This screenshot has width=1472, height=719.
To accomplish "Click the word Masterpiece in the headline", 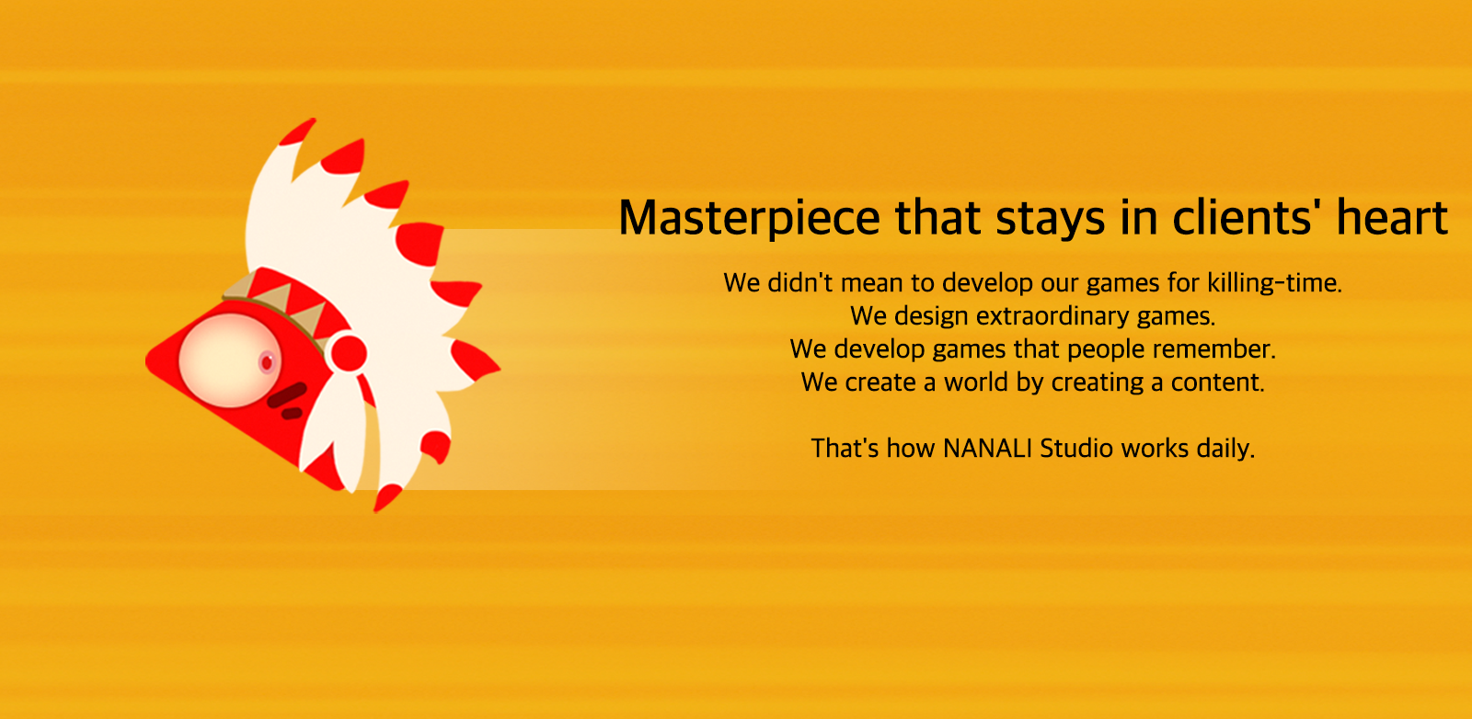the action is pyautogui.click(x=749, y=218).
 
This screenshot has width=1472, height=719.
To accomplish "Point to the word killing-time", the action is pyautogui.click(x=1274, y=283).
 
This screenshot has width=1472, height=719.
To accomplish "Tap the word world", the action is pyautogui.click(x=975, y=382).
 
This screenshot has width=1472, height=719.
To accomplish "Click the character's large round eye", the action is pyautogui.click(x=230, y=359).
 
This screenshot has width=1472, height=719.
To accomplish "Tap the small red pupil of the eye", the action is pyautogui.click(x=267, y=362).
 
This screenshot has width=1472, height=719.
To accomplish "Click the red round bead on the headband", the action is pyautogui.click(x=349, y=353).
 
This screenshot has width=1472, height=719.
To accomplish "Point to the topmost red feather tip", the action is pyautogui.click(x=298, y=131).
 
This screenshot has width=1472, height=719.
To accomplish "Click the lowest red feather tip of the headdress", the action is pyautogui.click(x=386, y=497).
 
